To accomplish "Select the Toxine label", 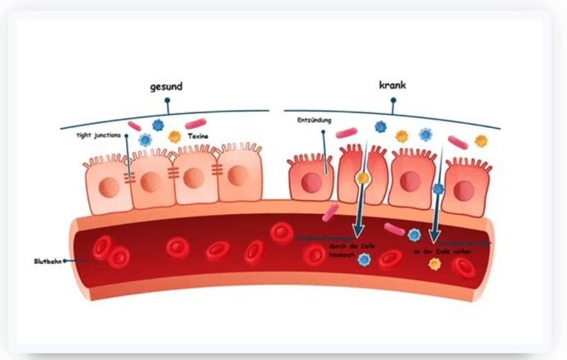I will pyautogui.click(x=197, y=136).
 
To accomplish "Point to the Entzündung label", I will pyautogui.click(x=315, y=121).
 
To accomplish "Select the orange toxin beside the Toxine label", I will pyautogui.click(x=175, y=136).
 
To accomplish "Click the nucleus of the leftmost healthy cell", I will pyautogui.click(x=108, y=185).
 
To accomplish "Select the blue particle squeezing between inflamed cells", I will pyautogui.click(x=438, y=189).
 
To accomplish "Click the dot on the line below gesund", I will pyautogui.click(x=167, y=102).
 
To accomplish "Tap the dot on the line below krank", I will pyautogui.click(x=393, y=102).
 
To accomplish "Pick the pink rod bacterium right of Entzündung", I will pyautogui.click(x=347, y=130).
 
